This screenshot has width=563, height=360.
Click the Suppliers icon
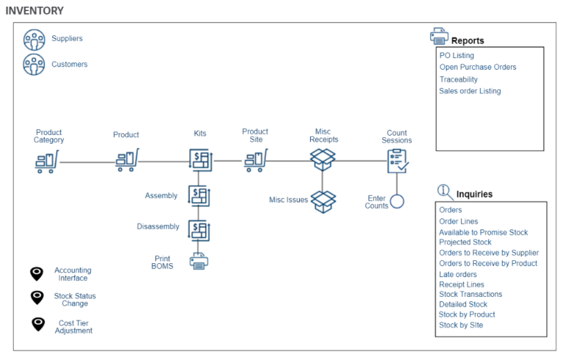(x=34, y=39)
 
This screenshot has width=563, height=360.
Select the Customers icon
(x=34, y=65)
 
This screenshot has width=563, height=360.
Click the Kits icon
(x=200, y=161)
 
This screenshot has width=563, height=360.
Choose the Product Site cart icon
(x=255, y=160)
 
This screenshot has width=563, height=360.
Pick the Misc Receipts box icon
(x=323, y=159)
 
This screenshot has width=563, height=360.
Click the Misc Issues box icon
(x=323, y=201)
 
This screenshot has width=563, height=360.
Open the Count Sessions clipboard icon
(x=397, y=161)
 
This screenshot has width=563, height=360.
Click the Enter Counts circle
(x=397, y=202)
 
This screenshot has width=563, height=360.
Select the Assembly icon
(x=199, y=196)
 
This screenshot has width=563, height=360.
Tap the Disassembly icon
(x=199, y=229)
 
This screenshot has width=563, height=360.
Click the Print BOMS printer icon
(x=199, y=262)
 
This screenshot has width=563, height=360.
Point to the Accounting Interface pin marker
(x=37, y=273)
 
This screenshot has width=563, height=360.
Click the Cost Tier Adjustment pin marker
(x=37, y=324)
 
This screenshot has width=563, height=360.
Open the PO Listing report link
(x=457, y=56)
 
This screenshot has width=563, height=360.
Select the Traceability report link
(x=458, y=79)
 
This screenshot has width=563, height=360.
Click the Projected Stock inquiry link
(x=465, y=242)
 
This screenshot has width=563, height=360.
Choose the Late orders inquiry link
(x=457, y=274)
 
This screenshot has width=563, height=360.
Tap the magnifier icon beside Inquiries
(x=445, y=192)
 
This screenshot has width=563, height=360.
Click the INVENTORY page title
(x=34, y=11)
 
